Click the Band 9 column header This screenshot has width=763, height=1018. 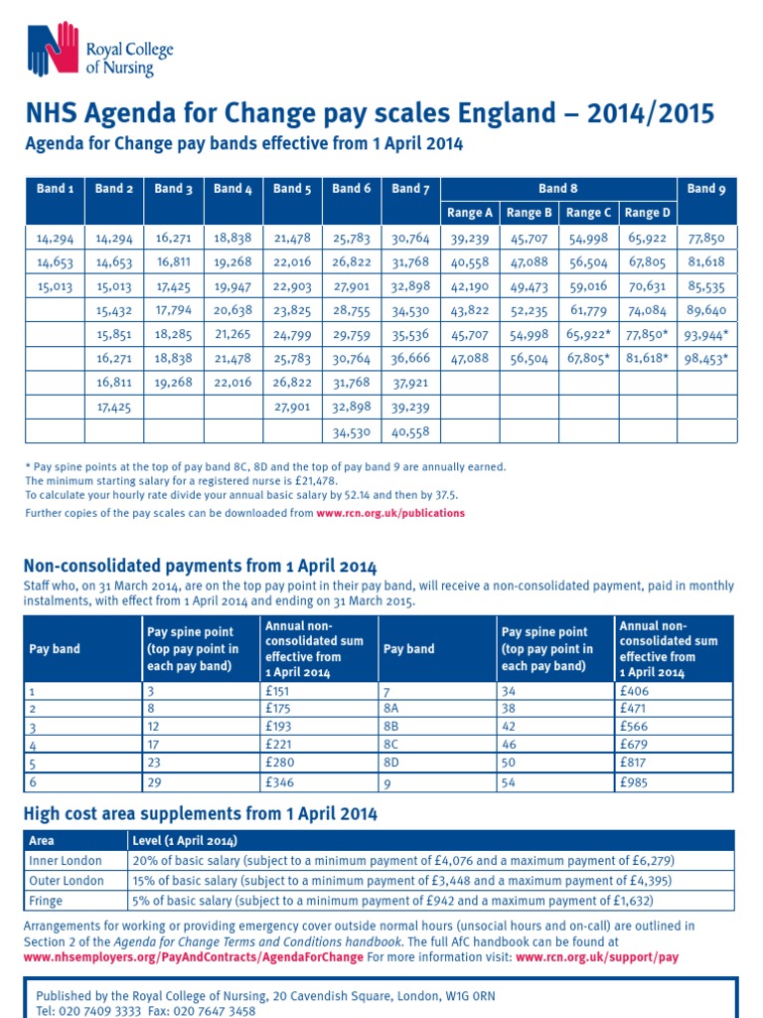pyautogui.click(x=706, y=188)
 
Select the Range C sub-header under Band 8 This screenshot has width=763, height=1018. pyautogui.click(x=589, y=212)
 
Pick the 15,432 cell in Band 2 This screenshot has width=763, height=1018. pyautogui.click(x=114, y=311)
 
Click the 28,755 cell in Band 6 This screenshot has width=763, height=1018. pyautogui.click(x=352, y=311)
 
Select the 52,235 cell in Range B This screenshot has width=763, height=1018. pyautogui.click(x=530, y=311)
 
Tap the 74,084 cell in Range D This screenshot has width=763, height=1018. pyautogui.click(x=648, y=311)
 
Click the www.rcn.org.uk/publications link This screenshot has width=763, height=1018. pyautogui.click(x=390, y=513)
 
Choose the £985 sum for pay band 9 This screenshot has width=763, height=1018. pyautogui.click(x=632, y=782)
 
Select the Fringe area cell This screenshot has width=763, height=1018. pyautogui.click(x=47, y=901)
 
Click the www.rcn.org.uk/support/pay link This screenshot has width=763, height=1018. pyautogui.click(x=597, y=957)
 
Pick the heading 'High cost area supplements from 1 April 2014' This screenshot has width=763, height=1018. pyautogui.click(x=200, y=814)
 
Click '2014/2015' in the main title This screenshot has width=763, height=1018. pyautogui.click(x=642, y=114)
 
